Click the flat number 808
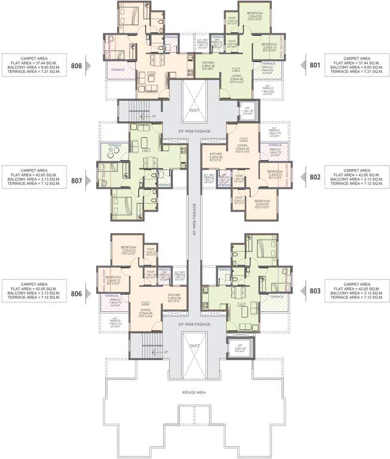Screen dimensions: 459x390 76,65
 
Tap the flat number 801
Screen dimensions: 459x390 315,65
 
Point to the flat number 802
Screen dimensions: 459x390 315,178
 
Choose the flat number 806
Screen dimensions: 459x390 76,294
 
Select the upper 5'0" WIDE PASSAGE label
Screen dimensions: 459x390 194,131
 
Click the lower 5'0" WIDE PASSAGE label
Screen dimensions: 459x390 194,323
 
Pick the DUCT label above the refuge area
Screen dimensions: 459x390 194,346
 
